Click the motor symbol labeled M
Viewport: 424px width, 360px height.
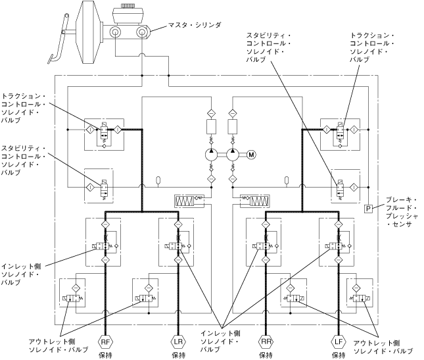pos(252,155)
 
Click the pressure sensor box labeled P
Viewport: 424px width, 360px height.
pos(368,209)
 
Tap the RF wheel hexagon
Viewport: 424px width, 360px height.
pos(105,342)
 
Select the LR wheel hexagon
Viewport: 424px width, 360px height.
pos(178,342)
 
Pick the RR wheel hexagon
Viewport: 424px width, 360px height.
pos(266,342)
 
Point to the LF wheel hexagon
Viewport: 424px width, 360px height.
pos(339,342)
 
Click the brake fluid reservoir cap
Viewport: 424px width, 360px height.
pos(127,5)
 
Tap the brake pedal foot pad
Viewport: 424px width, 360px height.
pos(51,59)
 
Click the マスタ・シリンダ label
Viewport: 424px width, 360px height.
pos(195,25)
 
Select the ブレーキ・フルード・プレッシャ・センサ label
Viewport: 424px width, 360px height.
pos(401,212)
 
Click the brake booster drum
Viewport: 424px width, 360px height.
pos(87,32)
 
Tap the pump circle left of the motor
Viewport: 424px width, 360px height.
pos(233,155)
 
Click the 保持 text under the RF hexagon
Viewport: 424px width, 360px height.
pos(105,355)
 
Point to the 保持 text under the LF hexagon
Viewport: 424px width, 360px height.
pos(339,355)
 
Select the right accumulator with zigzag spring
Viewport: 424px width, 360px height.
pos(254,201)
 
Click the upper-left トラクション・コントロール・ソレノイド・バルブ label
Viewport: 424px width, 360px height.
pos(23,109)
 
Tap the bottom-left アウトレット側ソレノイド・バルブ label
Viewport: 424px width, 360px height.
pos(59,346)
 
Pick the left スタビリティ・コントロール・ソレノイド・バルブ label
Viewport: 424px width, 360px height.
pos(23,161)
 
